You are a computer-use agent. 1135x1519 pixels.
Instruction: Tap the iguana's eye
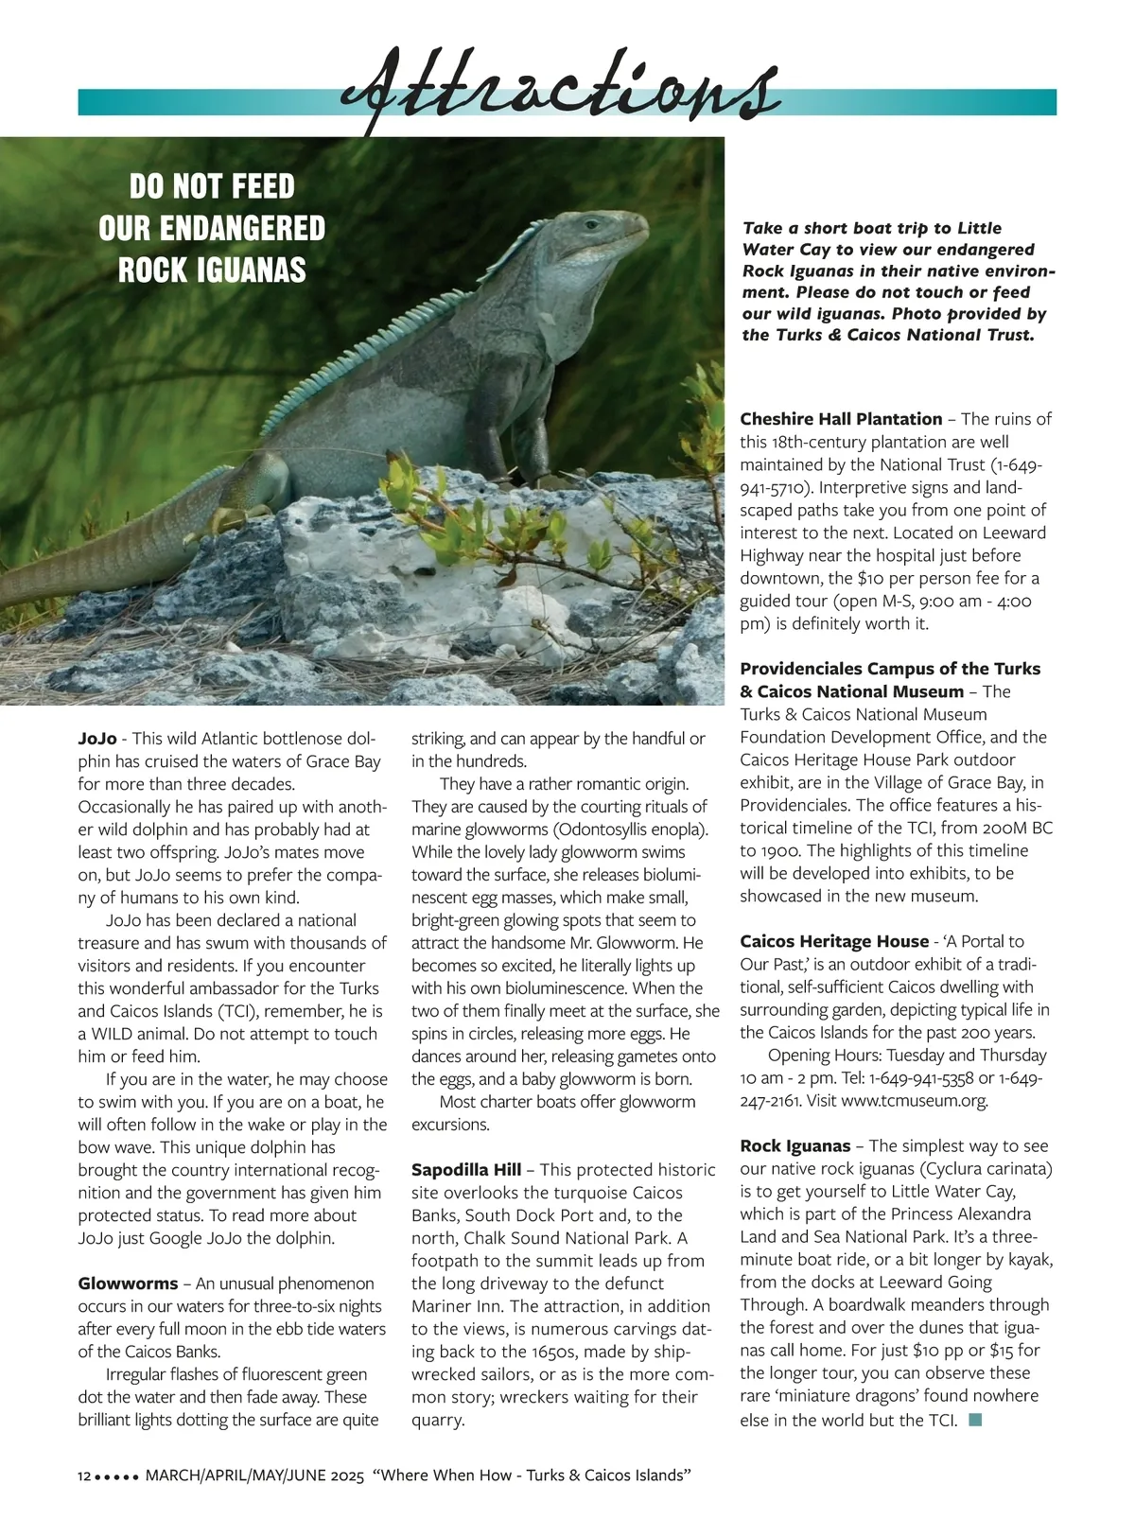pyautogui.click(x=592, y=225)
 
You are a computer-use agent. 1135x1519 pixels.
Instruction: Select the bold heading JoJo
pyautogui.click(x=97, y=739)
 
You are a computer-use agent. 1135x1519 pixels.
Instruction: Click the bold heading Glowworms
pyautogui.click(x=128, y=1283)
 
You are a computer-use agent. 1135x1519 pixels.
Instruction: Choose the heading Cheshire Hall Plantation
pyautogui.click(x=841, y=419)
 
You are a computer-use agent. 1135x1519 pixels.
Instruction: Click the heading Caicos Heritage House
pyautogui.click(x=834, y=941)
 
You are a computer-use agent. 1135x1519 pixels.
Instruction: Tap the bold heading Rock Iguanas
pyautogui.click(x=795, y=1146)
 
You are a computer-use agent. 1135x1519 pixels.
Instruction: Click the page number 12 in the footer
pyautogui.click(x=84, y=1476)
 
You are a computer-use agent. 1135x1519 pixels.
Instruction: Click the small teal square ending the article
pyautogui.click(x=976, y=1420)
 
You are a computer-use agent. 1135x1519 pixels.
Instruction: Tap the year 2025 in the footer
pyautogui.click(x=342, y=1476)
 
